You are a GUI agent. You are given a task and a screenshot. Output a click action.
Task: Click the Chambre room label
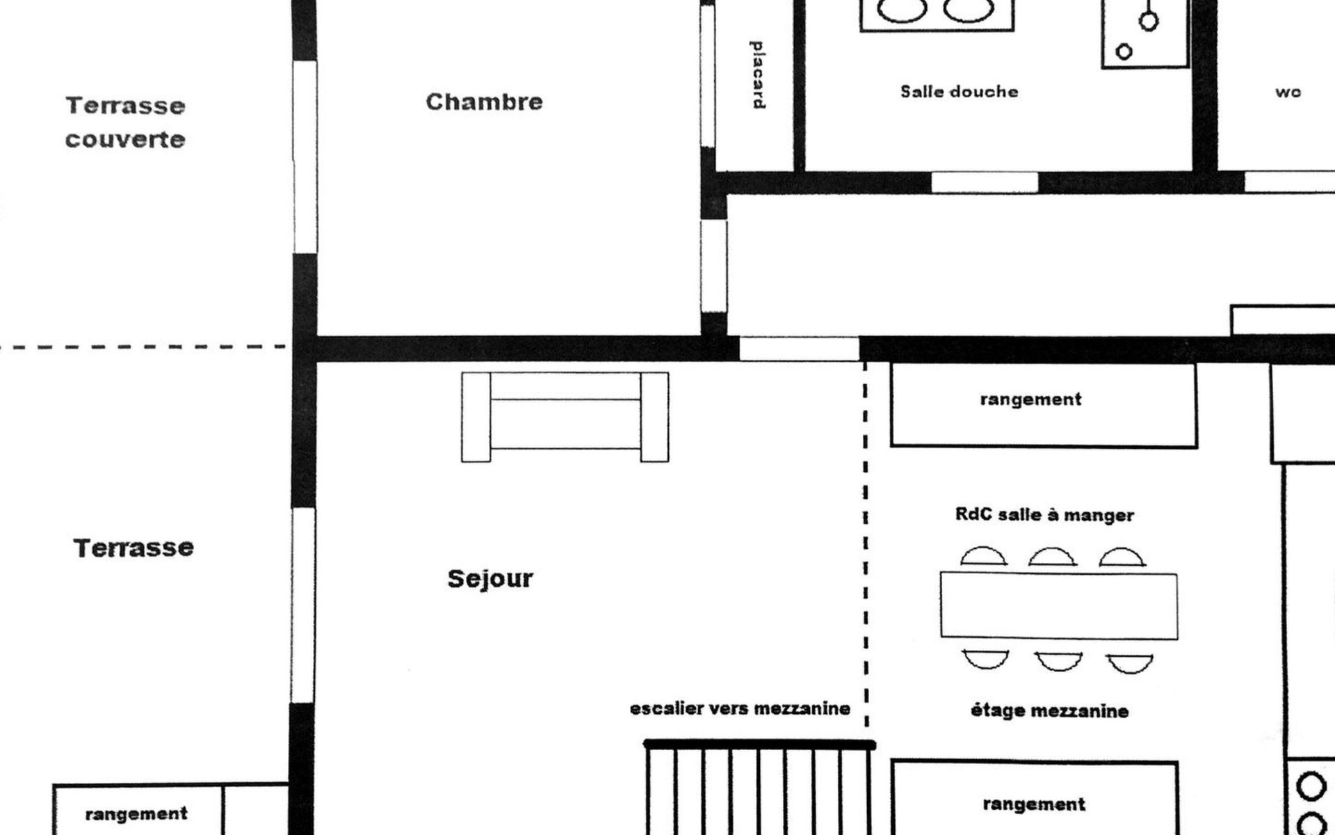click(x=484, y=102)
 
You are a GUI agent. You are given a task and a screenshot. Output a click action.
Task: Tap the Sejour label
click(x=490, y=579)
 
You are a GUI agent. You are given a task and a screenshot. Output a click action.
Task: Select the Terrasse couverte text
click(x=125, y=122)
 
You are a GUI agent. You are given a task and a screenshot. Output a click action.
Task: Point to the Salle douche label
click(x=959, y=91)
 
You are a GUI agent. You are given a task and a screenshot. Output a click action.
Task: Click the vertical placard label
click(x=758, y=74)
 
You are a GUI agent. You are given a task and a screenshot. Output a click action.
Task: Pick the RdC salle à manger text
click(x=1044, y=515)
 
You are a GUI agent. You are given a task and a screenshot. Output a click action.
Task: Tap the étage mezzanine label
click(x=1049, y=711)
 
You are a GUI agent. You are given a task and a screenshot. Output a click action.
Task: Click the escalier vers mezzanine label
click(x=740, y=709)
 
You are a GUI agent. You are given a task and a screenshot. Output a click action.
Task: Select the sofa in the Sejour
click(x=565, y=417)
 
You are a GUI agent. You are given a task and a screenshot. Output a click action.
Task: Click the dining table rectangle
click(x=1059, y=605)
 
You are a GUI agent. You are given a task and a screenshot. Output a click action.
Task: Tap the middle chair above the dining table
click(x=1053, y=557)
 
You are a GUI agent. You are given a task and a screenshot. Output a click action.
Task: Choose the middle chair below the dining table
click(x=1058, y=660)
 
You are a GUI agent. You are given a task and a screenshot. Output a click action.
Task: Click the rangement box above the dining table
click(x=1044, y=405)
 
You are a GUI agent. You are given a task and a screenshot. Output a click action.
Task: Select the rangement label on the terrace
click(x=136, y=814)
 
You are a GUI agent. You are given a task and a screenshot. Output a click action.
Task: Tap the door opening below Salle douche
click(x=985, y=182)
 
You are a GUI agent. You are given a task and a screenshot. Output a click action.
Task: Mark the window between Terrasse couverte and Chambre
click(x=305, y=157)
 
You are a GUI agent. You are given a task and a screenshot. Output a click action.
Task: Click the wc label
click(x=1288, y=92)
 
